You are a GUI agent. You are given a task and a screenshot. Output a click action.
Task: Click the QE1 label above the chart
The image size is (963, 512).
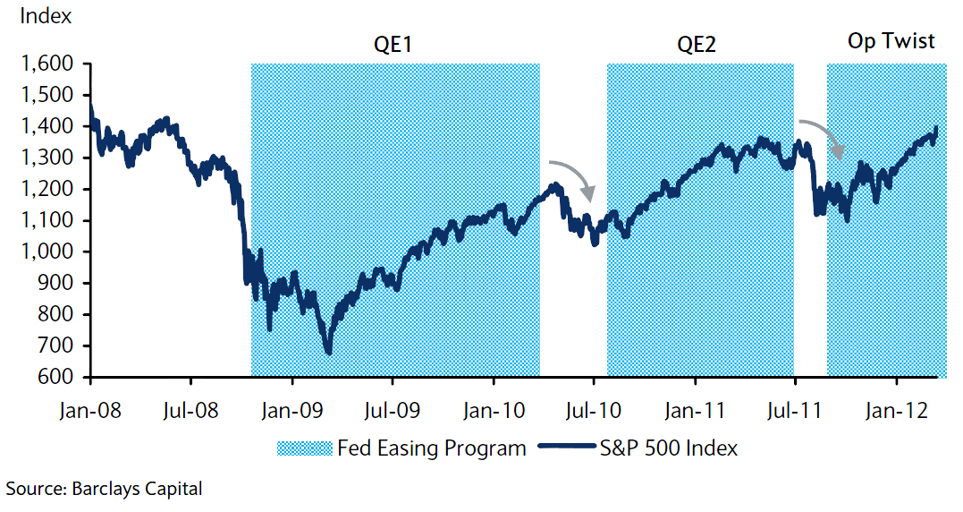[x=393, y=44]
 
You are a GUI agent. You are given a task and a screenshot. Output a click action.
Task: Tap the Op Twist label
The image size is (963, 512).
[x=891, y=41]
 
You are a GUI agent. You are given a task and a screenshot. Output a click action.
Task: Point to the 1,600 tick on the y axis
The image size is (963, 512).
[x=54, y=64]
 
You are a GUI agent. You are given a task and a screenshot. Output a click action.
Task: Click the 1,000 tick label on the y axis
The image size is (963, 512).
[x=54, y=252]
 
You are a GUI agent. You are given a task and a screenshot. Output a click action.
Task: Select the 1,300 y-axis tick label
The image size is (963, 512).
[x=54, y=158]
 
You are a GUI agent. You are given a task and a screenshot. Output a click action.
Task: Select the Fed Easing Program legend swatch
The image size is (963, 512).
[x=304, y=448]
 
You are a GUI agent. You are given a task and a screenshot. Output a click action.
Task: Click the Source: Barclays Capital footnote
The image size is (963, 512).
[x=105, y=489]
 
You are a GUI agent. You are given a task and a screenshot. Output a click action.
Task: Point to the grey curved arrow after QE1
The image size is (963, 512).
[x=571, y=177]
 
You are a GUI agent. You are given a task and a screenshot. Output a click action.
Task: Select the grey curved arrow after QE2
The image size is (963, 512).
[x=821, y=135]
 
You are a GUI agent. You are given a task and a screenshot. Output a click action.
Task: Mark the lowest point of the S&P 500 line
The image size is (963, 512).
[x=329, y=353]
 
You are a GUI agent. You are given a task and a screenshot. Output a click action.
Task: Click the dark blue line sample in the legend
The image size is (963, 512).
[x=562, y=448]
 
